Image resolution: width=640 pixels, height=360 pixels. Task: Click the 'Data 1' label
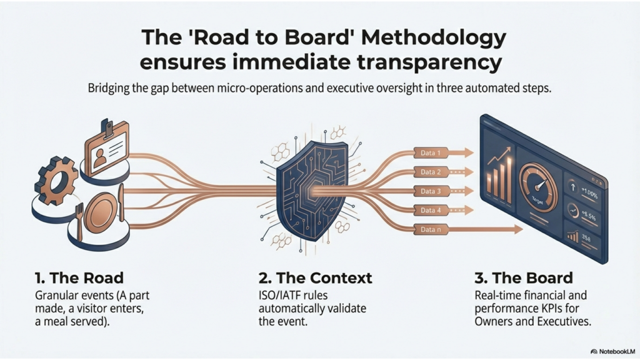point(431,152)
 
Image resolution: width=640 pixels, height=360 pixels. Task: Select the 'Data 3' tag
point(431,191)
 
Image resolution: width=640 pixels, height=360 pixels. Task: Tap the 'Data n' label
point(431,230)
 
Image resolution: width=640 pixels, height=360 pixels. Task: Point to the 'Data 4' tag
point(431,211)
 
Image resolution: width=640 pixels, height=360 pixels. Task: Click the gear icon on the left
point(57,181)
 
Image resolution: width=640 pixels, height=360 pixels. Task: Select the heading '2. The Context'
point(315,278)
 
